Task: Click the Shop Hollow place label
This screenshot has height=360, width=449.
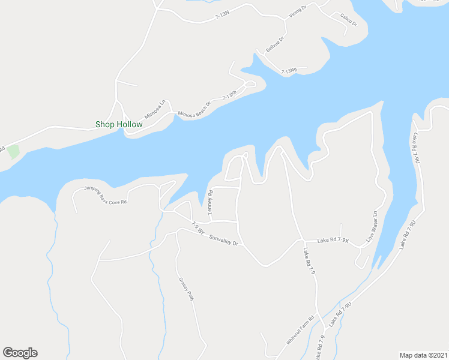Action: tap(119, 125)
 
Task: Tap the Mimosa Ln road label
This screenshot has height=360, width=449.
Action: tap(154, 109)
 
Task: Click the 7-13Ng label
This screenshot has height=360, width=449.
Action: tap(289, 71)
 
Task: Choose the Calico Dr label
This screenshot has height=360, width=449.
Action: tap(348, 20)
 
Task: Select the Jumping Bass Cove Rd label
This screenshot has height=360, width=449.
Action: tap(106, 194)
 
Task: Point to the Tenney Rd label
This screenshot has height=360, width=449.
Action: tap(211, 202)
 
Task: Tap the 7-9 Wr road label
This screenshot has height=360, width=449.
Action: tap(198, 229)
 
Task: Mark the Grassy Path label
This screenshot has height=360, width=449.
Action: tap(186, 289)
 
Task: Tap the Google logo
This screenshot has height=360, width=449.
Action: tap(20, 353)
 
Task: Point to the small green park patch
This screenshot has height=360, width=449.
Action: tap(13, 151)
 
